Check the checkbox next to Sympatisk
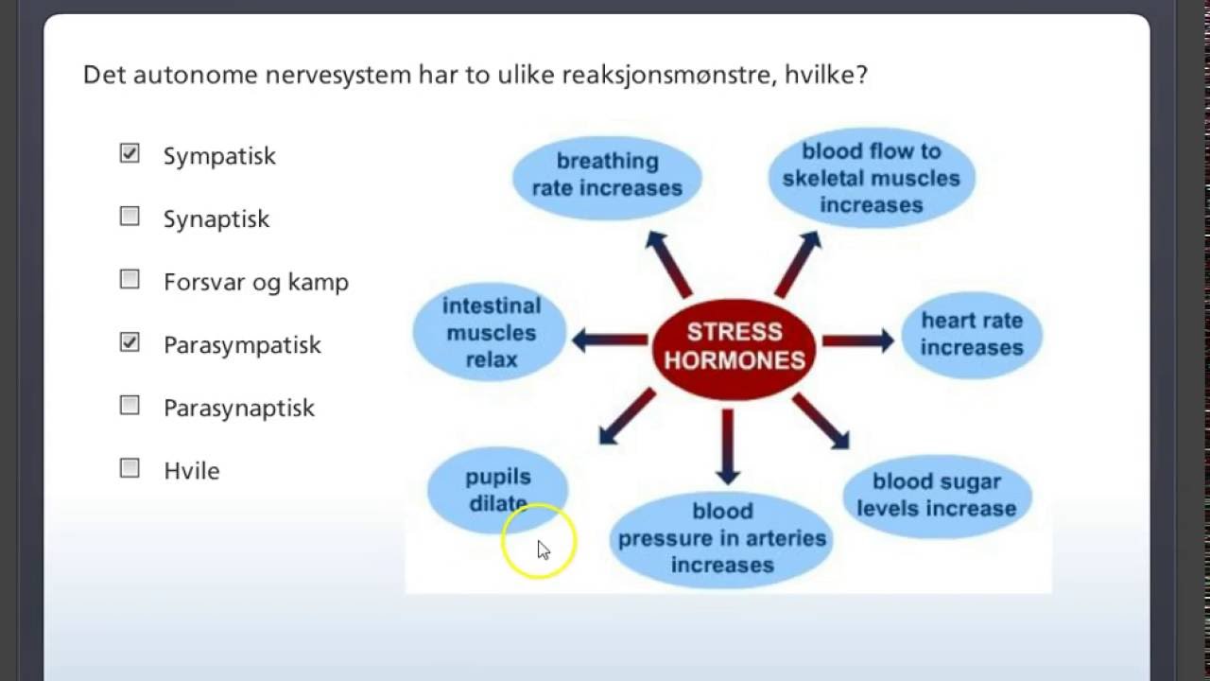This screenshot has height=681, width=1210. coord(130,153)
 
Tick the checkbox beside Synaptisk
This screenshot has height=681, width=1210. coord(130,217)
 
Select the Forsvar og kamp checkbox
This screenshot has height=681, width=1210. coord(130,279)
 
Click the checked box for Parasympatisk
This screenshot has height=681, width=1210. coord(130,342)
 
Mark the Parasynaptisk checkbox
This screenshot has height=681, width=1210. coord(130,405)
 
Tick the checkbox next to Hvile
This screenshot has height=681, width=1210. coord(130,468)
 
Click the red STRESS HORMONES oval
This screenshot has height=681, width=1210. coord(734,346)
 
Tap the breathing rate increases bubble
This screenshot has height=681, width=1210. coord(607,175)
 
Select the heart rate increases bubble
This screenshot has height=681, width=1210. coord(972,334)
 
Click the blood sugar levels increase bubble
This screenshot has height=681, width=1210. coord(936,495)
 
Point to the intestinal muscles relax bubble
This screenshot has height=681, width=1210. coord(491,332)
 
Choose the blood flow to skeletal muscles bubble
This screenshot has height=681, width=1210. coord(871,178)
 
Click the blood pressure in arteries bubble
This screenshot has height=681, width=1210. coord(721,537)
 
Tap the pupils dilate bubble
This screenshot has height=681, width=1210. coord(497,489)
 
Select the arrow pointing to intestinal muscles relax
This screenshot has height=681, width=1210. coord(610,340)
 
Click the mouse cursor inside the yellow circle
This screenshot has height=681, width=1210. coord(543,550)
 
